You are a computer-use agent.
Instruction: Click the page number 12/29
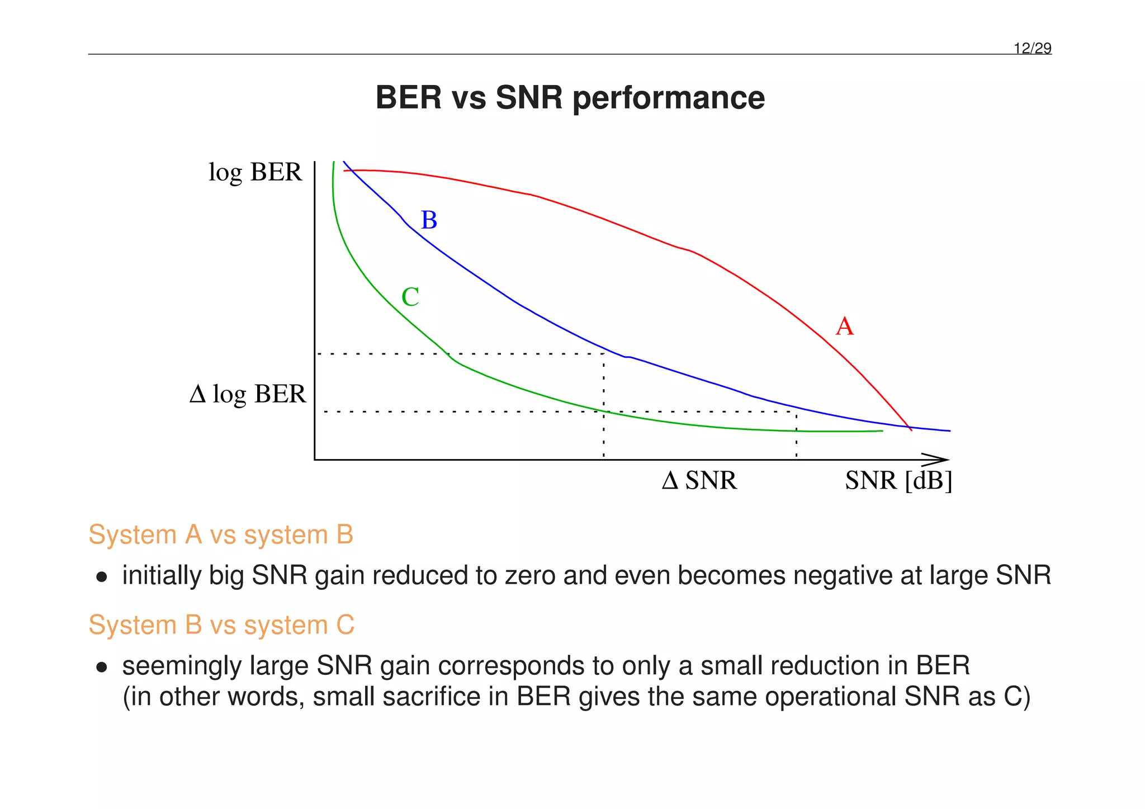point(1033,49)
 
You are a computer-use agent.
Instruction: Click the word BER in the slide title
point(408,98)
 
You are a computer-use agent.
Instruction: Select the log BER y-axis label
point(255,172)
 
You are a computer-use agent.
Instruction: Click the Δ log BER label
point(248,394)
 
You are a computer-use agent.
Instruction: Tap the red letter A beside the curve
point(844,327)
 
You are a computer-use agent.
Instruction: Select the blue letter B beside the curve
point(429,220)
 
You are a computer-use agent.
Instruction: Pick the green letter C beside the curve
point(410,297)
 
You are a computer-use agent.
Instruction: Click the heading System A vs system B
point(221,535)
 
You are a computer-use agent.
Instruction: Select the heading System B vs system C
point(221,625)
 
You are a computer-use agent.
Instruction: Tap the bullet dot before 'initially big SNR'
point(101,577)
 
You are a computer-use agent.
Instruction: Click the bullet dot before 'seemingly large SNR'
point(101,667)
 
